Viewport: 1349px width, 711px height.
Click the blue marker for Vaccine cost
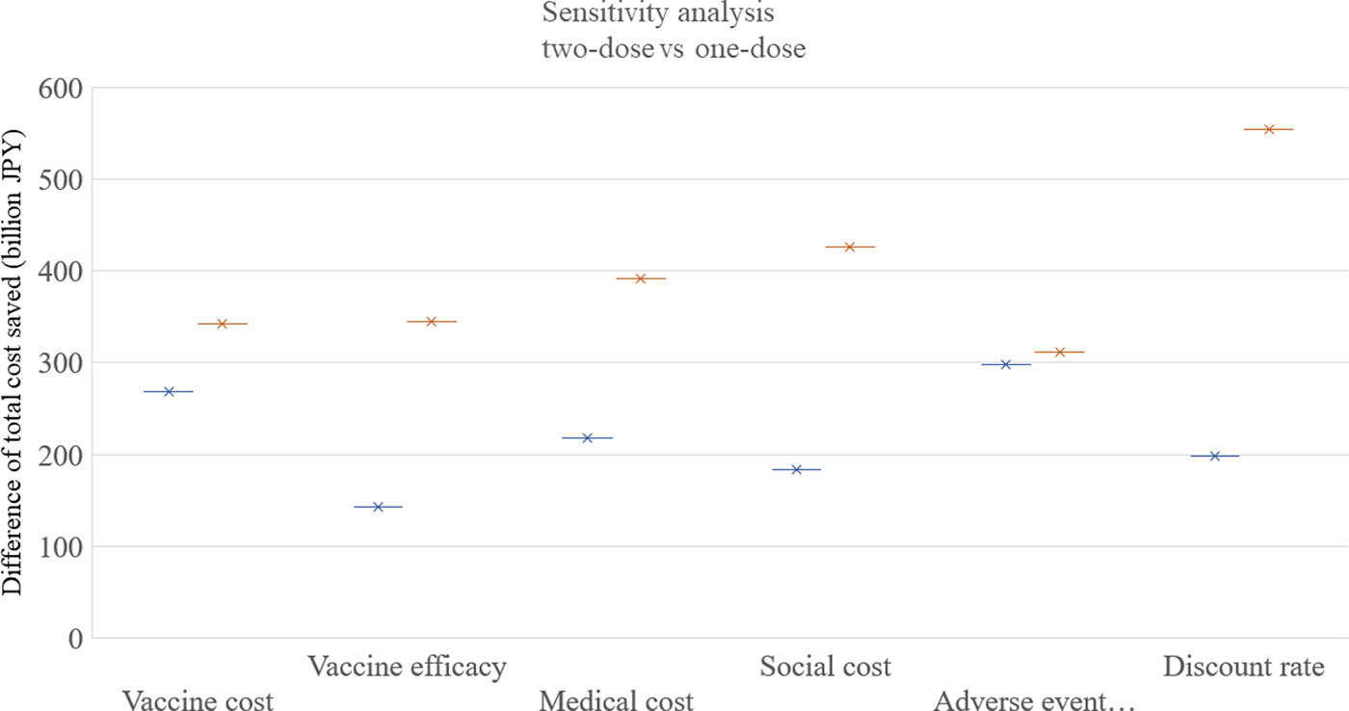[x=169, y=392]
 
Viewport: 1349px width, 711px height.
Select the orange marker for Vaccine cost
[x=223, y=324]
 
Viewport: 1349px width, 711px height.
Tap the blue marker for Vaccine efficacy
[x=378, y=507]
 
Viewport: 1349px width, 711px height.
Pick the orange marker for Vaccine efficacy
[x=431, y=322]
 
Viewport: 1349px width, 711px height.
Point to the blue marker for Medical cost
[x=587, y=438]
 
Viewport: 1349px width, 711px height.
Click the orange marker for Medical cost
[x=641, y=278]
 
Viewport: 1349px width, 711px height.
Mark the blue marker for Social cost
[x=796, y=470]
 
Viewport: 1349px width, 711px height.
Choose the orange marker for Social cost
[x=850, y=248]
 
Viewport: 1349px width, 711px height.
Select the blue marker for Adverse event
[x=1006, y=365]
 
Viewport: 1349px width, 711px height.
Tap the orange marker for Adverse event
[x=1059, y=353]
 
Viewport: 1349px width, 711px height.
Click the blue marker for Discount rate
[x=1214, y=456]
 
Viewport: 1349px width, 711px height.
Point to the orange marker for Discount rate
[x=1269, y=129]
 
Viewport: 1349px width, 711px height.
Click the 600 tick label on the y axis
[x=61, y=89]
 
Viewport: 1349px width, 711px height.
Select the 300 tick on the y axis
[x=61, y=363]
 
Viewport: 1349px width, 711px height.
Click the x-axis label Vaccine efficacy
[x=407, y=667]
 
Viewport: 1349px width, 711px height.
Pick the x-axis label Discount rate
[x=1243, y=667]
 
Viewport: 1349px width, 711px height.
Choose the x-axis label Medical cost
[x=616, y=700]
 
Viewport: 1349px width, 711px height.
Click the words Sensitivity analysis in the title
[x=658, y=15]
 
